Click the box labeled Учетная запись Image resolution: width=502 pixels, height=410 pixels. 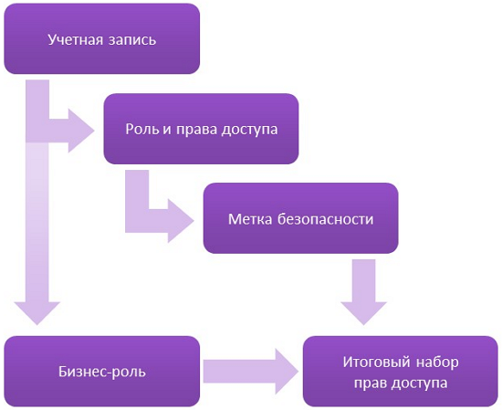pos(102,39)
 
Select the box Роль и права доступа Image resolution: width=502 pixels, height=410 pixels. pos(201,129)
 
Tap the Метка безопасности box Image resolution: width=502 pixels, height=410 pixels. pos(300,219)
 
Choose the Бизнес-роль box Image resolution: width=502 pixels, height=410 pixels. pos(102,372)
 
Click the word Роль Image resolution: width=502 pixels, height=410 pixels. pos(141,129)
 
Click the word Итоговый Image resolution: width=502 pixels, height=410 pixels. pos(372,362)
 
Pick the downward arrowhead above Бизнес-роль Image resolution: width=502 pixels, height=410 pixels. pos(38,309)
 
